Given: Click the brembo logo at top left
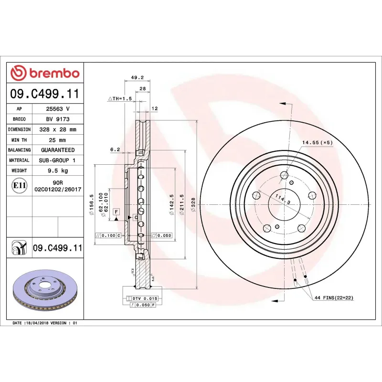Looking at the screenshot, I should [x=45, y=73].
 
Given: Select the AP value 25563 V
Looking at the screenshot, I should [x=57, y=109].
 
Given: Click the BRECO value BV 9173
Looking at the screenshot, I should [x=57, y=119].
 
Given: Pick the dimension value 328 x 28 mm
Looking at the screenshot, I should [x=57, y=129].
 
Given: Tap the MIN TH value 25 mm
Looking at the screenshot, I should [x=57, y=140].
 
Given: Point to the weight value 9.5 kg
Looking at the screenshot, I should [x=57, y=170].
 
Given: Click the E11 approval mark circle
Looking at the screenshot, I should [x=19, y=185].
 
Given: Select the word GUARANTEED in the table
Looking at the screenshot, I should [x=57, y=150].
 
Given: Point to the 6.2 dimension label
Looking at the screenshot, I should [x=115, y=149].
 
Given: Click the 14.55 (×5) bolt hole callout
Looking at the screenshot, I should [x=317, y=143].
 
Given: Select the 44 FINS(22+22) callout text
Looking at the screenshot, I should [x=334, y=297].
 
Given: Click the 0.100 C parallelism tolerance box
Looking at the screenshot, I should [x=109, y=235].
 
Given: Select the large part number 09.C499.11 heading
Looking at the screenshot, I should [x=45, y=94].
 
